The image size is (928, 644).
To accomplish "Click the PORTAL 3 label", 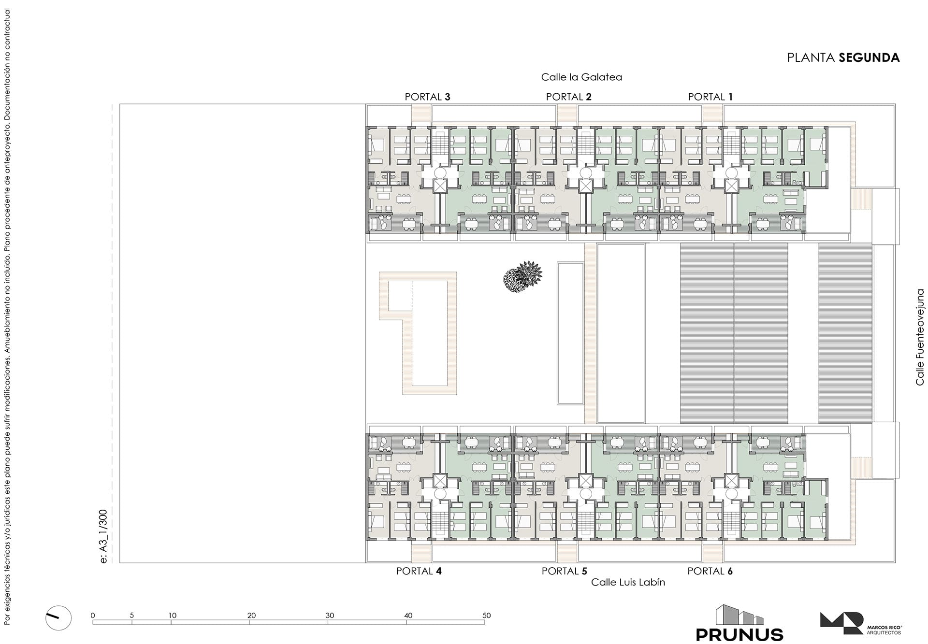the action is coord(427,97).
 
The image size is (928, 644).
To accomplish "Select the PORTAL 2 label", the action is coord(568,97).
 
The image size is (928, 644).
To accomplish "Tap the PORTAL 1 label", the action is coord(710,97).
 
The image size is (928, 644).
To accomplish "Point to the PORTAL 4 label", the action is coord(419,571).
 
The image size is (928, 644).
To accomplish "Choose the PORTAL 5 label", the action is coord(564,571).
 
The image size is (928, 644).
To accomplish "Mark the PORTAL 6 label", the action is coord(710,571).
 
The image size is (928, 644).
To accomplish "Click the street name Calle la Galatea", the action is coord(581,77).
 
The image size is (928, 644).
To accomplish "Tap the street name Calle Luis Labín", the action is coord(628,582).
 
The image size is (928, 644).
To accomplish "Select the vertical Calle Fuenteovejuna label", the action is coord(920,337).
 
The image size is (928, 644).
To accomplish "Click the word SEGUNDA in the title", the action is coord(869,57).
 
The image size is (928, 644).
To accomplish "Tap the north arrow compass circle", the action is coord(59,618).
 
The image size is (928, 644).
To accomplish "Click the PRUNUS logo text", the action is coord(739,634).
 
